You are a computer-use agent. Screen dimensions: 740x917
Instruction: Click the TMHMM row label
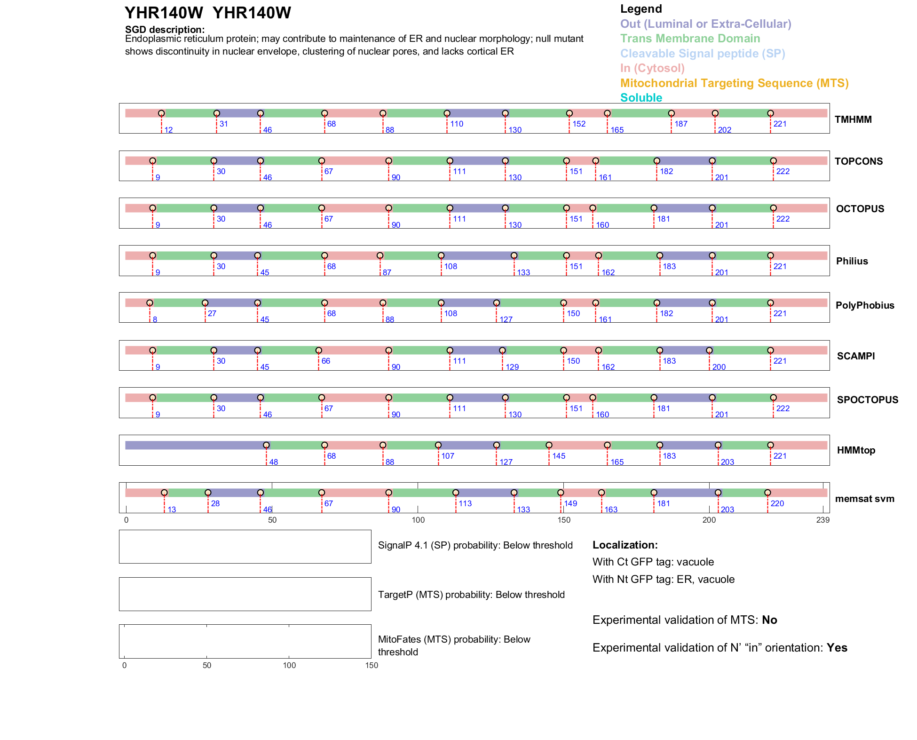(853, 119)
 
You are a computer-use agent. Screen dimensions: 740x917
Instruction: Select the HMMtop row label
(856, 450)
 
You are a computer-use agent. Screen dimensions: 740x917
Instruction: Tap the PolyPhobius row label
(865, 305)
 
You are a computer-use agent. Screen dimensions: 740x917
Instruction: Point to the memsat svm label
(864, 499)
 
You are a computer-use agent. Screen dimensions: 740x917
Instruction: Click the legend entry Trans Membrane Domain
(690, 39)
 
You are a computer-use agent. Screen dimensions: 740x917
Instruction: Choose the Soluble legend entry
(641, 98)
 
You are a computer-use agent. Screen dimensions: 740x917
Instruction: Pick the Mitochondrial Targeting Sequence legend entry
(734, 83)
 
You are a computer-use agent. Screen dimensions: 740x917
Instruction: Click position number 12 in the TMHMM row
(168, 130)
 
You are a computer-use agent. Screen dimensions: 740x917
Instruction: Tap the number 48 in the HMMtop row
(273, 462)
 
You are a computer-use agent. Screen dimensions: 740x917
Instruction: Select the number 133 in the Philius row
(523, 272)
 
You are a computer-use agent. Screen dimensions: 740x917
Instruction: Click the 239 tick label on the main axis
(823, 520)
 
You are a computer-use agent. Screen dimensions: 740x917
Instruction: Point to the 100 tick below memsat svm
(418, 520)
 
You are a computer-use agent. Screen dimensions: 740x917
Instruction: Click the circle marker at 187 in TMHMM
(672, 113)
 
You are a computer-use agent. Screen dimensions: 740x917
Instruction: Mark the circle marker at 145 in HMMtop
(549, 445)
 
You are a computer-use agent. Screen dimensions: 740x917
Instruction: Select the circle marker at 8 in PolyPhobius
(150, 303)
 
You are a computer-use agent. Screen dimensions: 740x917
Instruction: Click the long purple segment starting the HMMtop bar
(195, 445)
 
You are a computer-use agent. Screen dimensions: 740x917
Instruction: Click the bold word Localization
(625, 545)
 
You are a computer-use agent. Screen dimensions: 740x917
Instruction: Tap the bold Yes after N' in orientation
(837, 648)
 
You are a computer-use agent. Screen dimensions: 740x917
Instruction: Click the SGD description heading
(165, 30)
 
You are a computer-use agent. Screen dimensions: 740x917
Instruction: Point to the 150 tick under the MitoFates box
(372, 665)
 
